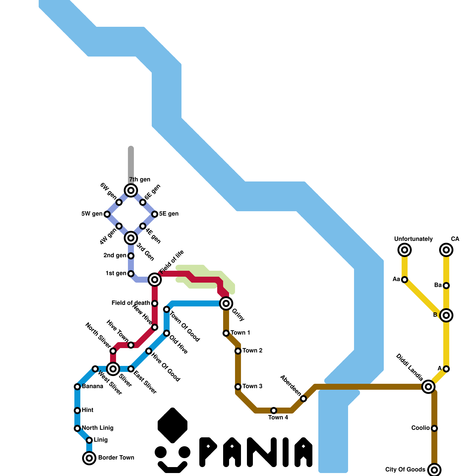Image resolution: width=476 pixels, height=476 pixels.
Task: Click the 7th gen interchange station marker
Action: (x=131, y=190)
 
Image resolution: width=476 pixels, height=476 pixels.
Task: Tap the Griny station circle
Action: (x=226, y=303)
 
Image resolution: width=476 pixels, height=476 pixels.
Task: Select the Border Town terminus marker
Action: (x=89, y=458)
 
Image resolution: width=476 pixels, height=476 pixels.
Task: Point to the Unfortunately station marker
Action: (x=405, y=250)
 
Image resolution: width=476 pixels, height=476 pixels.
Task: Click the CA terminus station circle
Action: (x=446, y=250)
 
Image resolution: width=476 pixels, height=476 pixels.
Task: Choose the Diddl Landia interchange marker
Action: (x=428, y=387)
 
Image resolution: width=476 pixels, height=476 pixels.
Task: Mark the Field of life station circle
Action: (x=155, y=280)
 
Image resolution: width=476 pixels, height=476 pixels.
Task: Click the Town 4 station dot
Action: (x=274, y=411)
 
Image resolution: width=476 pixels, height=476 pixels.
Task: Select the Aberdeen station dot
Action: (x=303, y=399)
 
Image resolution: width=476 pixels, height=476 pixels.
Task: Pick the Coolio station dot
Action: (x=434, y=428)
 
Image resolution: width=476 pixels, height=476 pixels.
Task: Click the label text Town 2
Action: (x=252, y=350)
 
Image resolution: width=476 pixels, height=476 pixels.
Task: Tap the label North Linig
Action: (x=98, y=428)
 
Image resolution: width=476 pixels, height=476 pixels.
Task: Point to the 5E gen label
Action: (x=169, y=214)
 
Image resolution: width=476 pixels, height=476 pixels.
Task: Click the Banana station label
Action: (x=93, y=386)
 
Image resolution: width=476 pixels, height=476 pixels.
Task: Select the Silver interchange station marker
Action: (x=113, y=369)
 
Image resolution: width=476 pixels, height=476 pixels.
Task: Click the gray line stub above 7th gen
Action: (x=131, y=164)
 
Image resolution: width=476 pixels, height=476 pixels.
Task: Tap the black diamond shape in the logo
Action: (x=173, y=425)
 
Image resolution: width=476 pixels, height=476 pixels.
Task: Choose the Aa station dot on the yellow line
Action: (x=405, y=280)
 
